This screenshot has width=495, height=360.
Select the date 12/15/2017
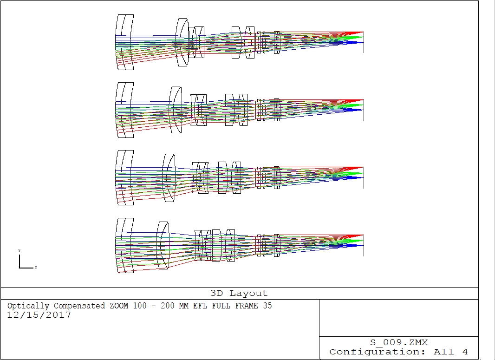39,315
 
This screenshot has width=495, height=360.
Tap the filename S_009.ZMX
399,342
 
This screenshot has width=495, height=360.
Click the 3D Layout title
239,293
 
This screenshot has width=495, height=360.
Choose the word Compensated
79,306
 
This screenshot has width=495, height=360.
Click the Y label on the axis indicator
19,250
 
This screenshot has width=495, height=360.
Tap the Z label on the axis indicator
36,267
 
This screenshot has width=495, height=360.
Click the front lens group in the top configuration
125,42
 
